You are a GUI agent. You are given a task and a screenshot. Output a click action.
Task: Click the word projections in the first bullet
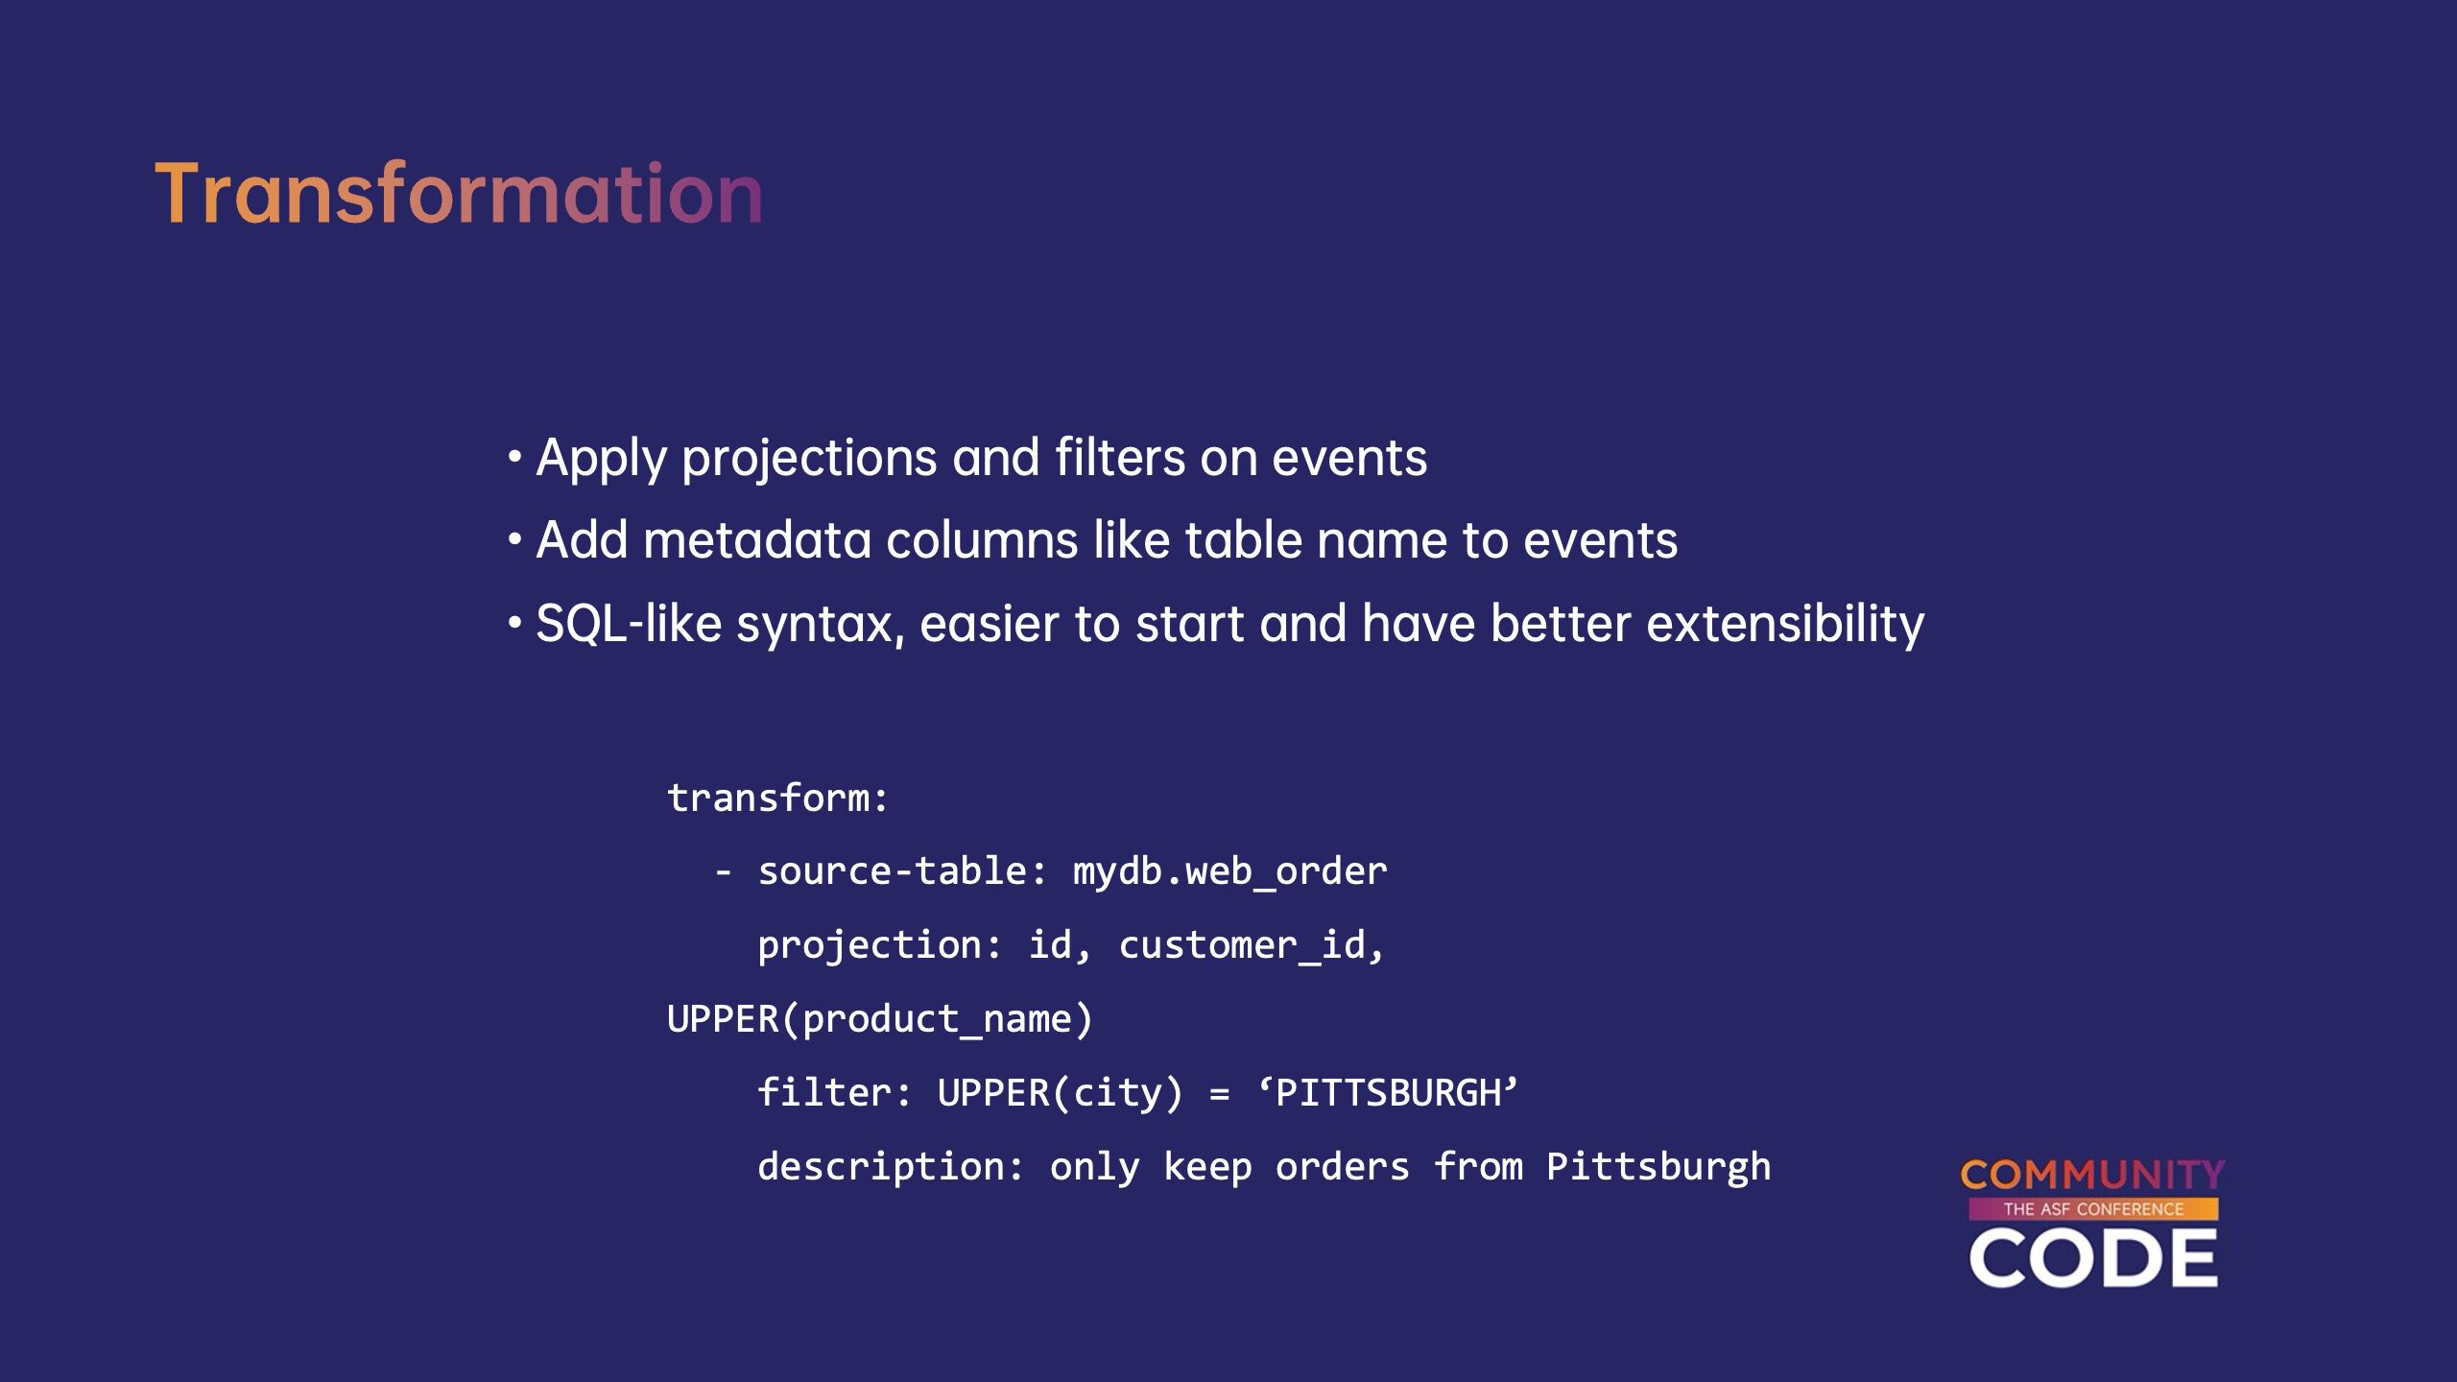(x=809, y=459)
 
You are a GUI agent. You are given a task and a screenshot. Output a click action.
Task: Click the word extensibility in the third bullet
(x=1785, y=625)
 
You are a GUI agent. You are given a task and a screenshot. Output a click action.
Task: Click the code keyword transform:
(x=778, y=798)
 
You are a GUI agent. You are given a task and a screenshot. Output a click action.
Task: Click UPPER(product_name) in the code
(x=880, y=1019)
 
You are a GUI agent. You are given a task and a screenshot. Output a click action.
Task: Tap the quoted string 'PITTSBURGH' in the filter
(x=1388, y=1093)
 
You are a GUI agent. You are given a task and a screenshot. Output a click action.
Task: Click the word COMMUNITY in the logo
(x=2092, y=1175)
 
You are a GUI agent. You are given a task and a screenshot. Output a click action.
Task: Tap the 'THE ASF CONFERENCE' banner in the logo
(x=2093, y=1209)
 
